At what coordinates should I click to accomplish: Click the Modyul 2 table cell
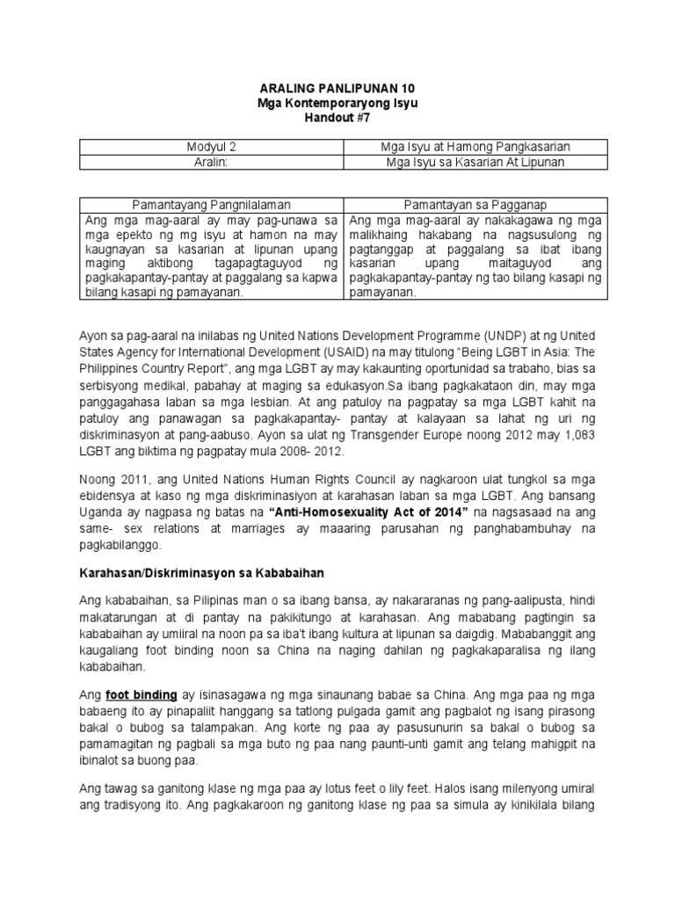point(211,146)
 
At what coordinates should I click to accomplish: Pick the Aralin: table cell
point(211,162)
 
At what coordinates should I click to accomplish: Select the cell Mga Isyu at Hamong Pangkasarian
point(473,146)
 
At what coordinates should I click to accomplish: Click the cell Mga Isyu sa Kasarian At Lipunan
point(473,162)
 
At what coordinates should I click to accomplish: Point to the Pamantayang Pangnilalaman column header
point(211,204)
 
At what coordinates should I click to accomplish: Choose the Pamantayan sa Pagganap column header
point(473,204)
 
